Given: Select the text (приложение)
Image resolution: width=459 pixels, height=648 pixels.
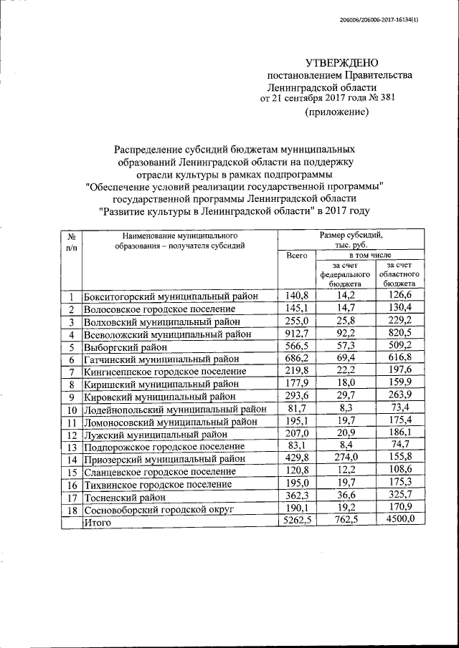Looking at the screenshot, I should pos(337,112).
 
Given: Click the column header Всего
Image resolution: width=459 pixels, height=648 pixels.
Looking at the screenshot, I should pos(296,255).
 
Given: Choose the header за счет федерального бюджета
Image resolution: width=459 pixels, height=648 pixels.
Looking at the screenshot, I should pos(345,274).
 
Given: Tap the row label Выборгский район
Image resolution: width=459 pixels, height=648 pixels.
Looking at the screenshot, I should pos(120,347).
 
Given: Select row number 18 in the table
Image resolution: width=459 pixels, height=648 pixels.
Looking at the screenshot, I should pos(71,510).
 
